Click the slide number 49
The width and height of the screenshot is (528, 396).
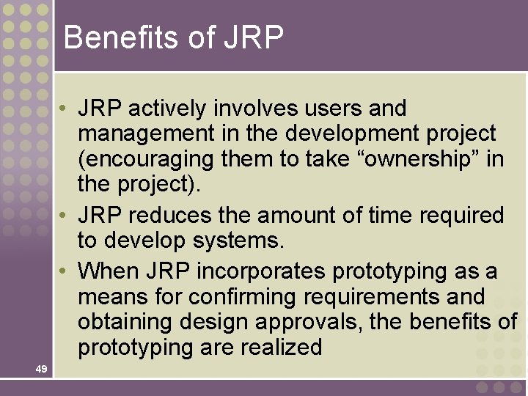click(41, 369)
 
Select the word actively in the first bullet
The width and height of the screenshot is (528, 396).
click(168, 109)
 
